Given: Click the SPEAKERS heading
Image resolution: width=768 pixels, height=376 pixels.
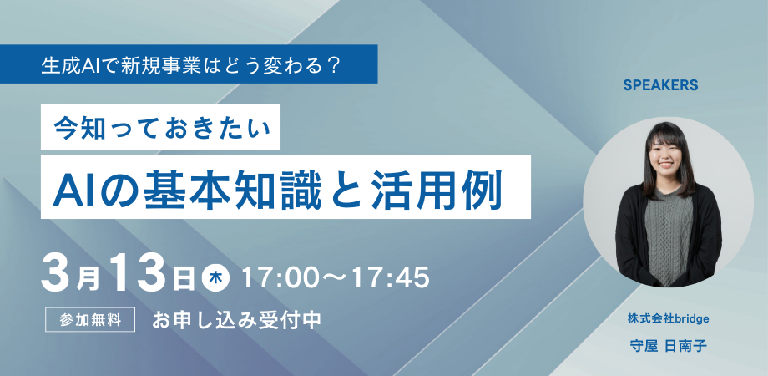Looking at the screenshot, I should click(659, 85).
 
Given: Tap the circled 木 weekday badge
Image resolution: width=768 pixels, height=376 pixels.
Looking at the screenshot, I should click(214, 275).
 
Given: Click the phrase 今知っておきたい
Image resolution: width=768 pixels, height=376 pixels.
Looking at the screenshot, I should click(163, 130).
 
